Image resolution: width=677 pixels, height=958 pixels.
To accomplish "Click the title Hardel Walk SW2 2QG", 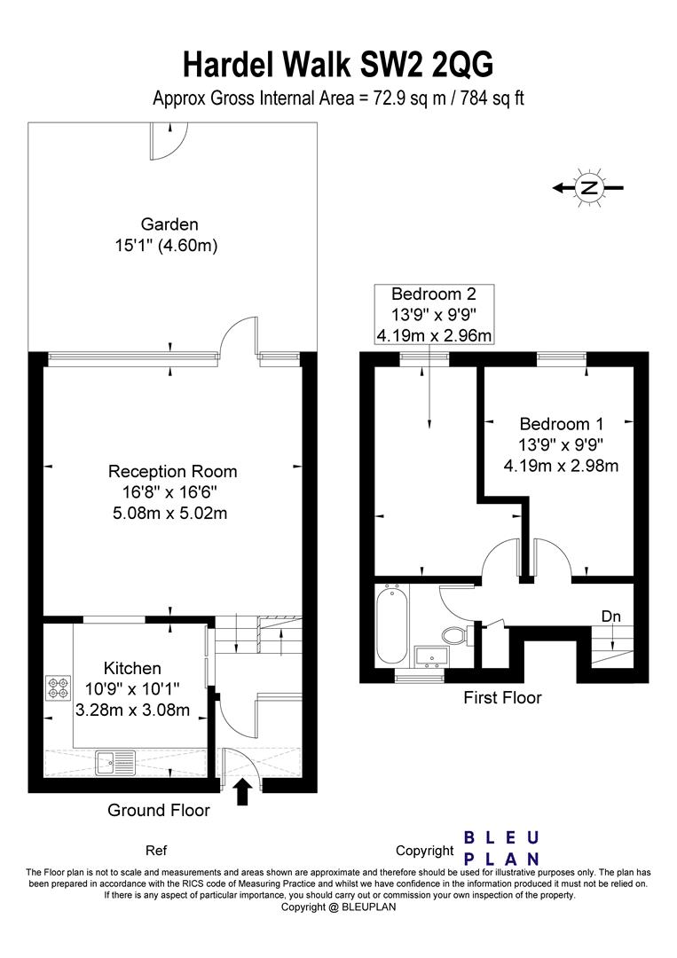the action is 338,66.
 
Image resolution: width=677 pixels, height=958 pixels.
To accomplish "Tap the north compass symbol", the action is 588,187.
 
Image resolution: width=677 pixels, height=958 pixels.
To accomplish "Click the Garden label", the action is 169,224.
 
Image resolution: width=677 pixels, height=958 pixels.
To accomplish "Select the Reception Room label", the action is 172,472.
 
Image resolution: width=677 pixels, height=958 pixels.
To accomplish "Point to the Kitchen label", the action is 132,669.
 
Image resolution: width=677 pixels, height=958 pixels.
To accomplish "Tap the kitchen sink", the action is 116,762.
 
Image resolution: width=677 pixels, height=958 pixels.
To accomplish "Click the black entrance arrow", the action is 242,791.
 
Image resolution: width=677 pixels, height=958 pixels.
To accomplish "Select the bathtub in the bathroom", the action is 392,624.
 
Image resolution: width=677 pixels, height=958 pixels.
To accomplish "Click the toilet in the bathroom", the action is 455,635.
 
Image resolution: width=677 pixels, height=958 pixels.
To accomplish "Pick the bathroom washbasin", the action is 431,656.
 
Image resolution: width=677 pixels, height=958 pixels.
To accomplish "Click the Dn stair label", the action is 611,616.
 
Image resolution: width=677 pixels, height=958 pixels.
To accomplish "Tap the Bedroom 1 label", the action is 562,424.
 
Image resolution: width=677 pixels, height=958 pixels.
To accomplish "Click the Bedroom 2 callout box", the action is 434,315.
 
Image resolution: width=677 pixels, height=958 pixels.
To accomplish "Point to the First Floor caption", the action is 502,698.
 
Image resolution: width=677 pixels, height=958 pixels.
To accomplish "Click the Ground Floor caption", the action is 159,810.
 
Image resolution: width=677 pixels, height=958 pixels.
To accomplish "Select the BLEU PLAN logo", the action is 501,848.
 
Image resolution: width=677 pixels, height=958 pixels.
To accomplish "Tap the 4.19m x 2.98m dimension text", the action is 561,467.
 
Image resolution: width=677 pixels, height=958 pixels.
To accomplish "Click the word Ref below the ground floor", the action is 156,851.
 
